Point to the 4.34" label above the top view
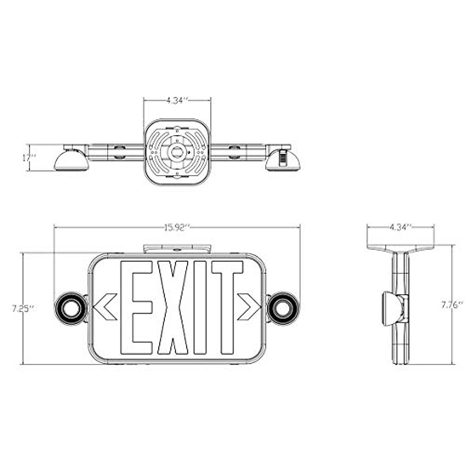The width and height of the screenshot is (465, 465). click(x=177, y=100)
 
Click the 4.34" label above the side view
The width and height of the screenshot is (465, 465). click(x=400, y=227)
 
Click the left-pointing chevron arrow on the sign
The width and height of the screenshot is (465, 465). click(x=105, y=307)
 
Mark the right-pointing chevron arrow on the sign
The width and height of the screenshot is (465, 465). click(x=248, y=307)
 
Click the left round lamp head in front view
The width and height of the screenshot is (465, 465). click(x=70, y=309)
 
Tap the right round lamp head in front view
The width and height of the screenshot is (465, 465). click(x=284, y=309)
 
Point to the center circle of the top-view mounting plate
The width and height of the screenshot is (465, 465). click(x=177, y=152)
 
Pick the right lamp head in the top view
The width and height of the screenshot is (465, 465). click(x=283, y=158)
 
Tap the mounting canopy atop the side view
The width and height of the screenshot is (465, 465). click(x=400, y=248)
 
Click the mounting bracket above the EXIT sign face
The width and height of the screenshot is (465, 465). click(x=177, y=248)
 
